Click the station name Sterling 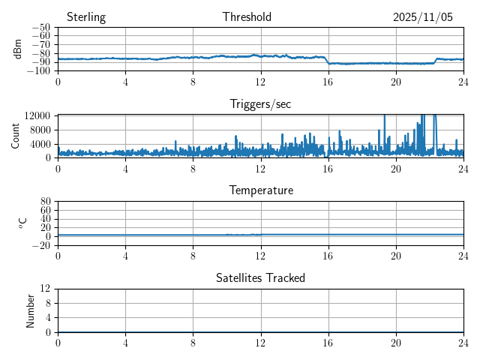click(86, 17)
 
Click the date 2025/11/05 click(423, 17)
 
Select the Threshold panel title click(247, 17)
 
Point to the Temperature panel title click(260, 190)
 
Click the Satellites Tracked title click(260, 277)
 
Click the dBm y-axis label click(19, 49)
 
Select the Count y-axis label click(15, 136)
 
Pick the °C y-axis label click(22, 223)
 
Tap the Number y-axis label click(31, 310)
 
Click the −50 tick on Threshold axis click(40, 28)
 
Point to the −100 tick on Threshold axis click(38, 71)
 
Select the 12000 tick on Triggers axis click(37, 115)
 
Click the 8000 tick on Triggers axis click(40, 130)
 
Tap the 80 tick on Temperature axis click(45, 202)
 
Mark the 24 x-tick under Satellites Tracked click(463, 341)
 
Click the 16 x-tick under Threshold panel click(328, 81)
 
